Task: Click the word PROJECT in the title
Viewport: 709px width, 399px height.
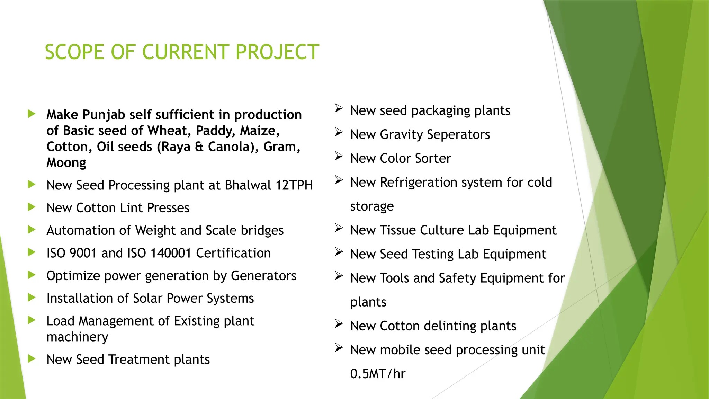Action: [277, 52]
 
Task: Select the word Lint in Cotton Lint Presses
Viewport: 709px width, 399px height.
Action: [131, 208]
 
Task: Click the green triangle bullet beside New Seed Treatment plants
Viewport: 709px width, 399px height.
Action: [32, 358]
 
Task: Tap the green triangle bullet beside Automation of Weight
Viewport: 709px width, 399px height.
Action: [32, 229]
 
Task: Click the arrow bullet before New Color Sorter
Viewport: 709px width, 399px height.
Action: [339, 157]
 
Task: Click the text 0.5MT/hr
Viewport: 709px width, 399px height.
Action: [377, 374]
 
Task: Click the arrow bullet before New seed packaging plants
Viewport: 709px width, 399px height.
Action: [339, 109]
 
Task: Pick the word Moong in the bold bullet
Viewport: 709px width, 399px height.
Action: [66, 163]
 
